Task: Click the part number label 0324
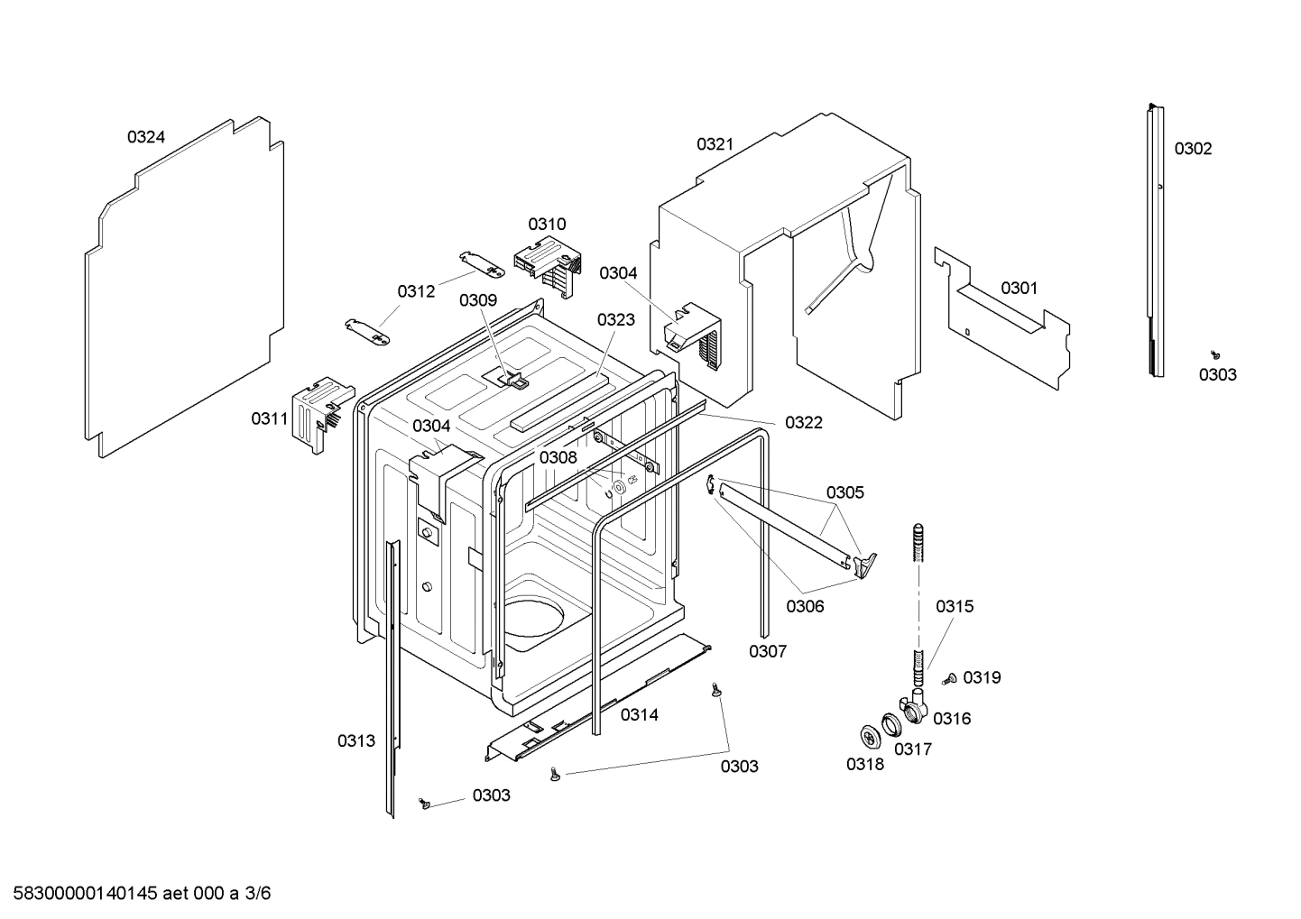[x=145, y=137]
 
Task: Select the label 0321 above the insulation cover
[x=715, y=144]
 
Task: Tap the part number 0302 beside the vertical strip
[x=1193, y=149]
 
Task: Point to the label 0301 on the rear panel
[x=1019, y=288]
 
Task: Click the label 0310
[x=547, y=225]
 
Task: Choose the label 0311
[x=269, y=419]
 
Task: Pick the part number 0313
[x=356, y=740]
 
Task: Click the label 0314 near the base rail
[x=639, y=714]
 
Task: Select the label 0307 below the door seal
[x=767, y=651]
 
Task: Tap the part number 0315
[x=954, y=607]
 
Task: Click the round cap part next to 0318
[x=870, y=736]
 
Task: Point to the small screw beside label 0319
[x=949, y=680]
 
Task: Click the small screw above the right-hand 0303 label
[x=1215, y=355]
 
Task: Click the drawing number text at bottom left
[x=135, y=894]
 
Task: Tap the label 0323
[x=615, y=319]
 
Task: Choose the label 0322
[x=803, y=422]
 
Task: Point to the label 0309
[x=477, y=300]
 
